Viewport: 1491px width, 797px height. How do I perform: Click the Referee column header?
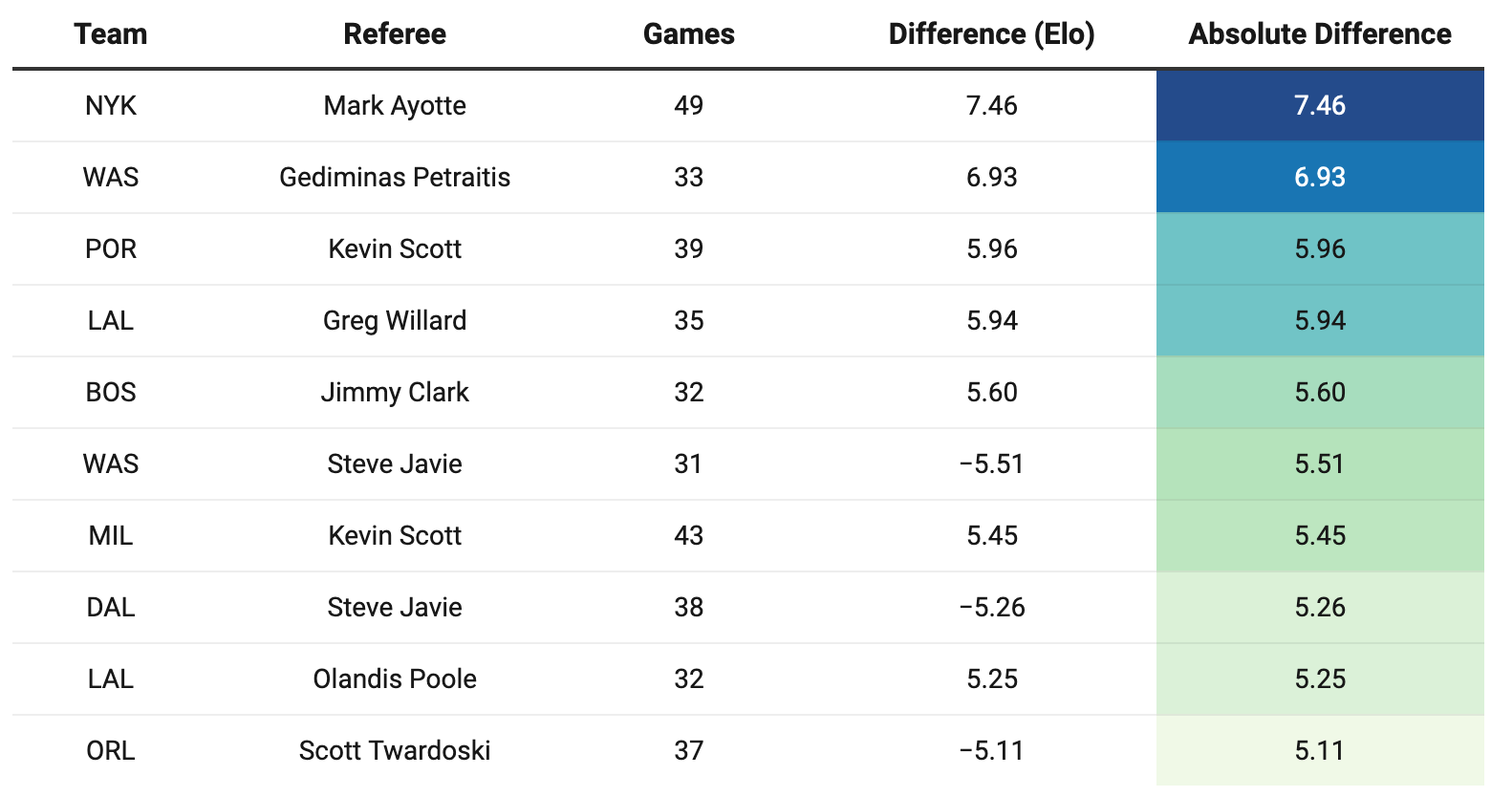pyautogui.click(x=395, y=34)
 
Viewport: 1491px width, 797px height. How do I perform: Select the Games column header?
pyautogui.click(x=689, y=34)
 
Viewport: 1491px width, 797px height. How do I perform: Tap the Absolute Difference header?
pyautogui.click(x=1320, y=34)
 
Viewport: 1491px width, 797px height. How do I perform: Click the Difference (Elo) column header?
pyautogui.click(x=992, y=34)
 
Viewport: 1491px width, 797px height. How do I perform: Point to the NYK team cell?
pyautogui.click(x=111, y=106)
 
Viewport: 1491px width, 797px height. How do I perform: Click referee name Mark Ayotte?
pyautogui.click(x=395, y=106)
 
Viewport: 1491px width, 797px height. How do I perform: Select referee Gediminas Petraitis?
pyautogui.click(x=395, y=178)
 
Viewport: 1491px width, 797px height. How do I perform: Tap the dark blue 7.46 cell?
pyautogui.click(x=1320, y=106)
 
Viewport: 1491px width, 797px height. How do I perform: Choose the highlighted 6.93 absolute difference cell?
pyautogui.click(x=1320, y=178)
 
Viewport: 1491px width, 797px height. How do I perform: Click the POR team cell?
pyautogui.click(x=111, y=248)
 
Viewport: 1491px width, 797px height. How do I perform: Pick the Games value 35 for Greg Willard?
pyautogui.click(x=689, y=321)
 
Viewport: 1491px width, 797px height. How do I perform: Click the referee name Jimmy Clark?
pyautogui.click(x=395, y=393)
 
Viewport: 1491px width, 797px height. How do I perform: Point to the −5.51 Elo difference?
pyautogui.click(x=992, y=463)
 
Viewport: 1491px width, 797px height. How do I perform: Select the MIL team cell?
pyautogui.click(x=111, y=535)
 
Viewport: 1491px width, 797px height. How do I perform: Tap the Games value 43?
pyautogui.click(x=689, y=535)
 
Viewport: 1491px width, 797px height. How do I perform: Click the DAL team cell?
pyautogui.click(x=111, y=608)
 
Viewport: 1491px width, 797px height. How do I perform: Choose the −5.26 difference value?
pyautogui.click(x=992, y=608)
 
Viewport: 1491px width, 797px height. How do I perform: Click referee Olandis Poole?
pyautogui.click(x=395, y=679)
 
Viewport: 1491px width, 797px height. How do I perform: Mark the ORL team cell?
pyautogui.click(x=111, y=751)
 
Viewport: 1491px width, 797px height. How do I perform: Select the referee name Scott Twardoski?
pyautogui.click(x=395, y=751)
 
